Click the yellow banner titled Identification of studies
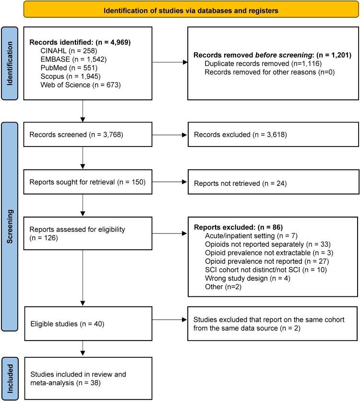click(x=191, y=11)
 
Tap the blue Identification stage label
click(x=10, y=63)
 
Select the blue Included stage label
click(x=10, y=378)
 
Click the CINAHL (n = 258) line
click(x=69, y=50)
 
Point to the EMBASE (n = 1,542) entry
click(x=73, y=60)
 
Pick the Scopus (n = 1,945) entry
click(x=70, y=76)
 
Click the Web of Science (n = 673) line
click(x=81, y=85)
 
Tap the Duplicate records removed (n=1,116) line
click(x=263, y=63)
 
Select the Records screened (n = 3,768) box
click(x=88, y=134)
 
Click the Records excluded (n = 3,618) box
click(x=273, y=134)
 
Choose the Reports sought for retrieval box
click(x=88, y=182)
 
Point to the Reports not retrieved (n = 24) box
click(x=273, y=182)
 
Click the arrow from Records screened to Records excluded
click(x=170, y=135)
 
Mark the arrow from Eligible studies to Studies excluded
click(x=170, y=319)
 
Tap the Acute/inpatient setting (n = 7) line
click(x=251, y=235)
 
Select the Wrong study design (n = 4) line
click(x=248, y=278)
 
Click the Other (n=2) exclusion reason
click(x=223, y=287)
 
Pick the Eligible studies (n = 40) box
click(x=88, y=324)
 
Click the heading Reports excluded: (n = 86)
click(x=238, y=227)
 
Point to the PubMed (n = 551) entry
click(x=69, y=68)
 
